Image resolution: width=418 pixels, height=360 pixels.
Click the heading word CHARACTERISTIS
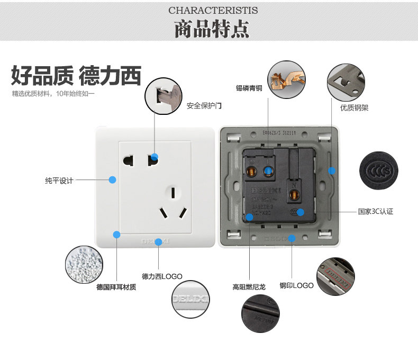[x=213, y=11]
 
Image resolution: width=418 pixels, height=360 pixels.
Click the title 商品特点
[x=212, y=29]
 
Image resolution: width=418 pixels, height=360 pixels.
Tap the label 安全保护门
[x=204, y=106]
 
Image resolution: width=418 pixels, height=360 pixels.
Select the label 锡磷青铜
[x=249, y=88]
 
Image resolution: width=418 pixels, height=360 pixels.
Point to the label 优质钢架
[x=354, y=108]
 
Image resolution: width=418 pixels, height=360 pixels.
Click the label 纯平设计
[x=59, y=181]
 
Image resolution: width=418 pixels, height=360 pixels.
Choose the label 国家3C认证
[x=375, y=212]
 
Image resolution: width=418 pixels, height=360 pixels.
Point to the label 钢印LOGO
[x=297, y=285]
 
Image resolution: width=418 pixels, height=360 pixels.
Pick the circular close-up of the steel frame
[x=347, y=82]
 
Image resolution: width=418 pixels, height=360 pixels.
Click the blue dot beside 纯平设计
[x=112, y=180]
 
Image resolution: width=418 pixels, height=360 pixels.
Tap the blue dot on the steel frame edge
[x=332, y=170]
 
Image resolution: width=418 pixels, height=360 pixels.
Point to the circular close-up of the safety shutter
[x=163, y=95]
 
